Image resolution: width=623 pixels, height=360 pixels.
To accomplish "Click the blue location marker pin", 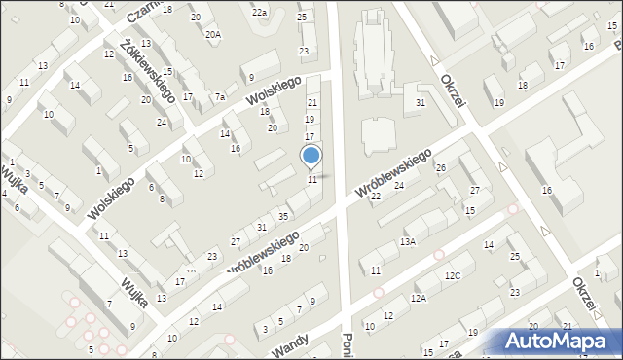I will (311, 156).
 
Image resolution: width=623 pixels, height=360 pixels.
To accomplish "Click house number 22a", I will (259, 12).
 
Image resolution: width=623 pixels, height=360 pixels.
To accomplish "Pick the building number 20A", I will (213, 34).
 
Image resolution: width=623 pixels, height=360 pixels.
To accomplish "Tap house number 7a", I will (220, 97).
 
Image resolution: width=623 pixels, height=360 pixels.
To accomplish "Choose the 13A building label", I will (408, 241).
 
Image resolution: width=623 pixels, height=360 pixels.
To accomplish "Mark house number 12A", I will (419, 298).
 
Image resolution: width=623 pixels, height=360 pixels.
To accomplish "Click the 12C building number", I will (453, 276).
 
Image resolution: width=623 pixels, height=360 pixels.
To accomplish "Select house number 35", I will (282, 216).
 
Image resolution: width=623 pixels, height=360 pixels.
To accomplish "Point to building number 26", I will (440, 168).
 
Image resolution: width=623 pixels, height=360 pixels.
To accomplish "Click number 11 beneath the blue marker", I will (312, 180).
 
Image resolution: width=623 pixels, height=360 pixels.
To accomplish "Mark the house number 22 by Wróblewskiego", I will (376, 197).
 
